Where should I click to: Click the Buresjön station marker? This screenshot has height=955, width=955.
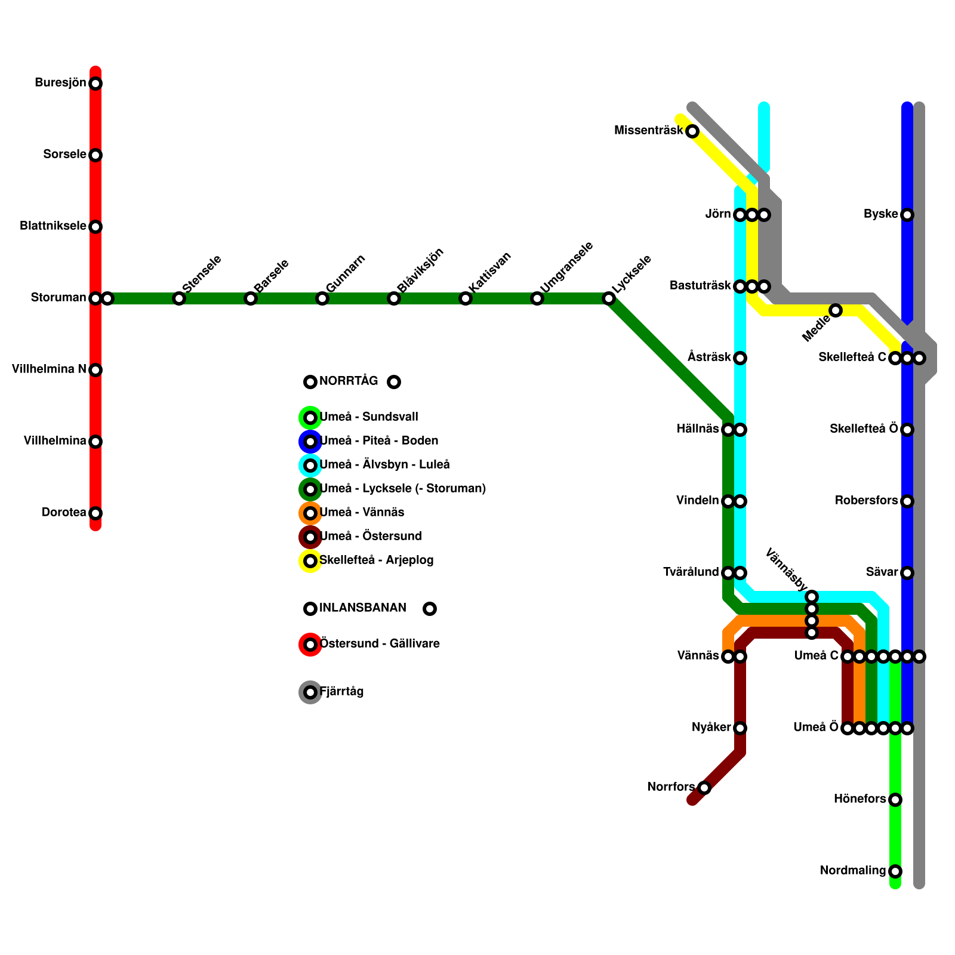tap(95, 84)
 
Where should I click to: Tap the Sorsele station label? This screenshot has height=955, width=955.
tap(64, 155)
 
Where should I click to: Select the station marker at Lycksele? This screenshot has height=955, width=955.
tap(609, 298)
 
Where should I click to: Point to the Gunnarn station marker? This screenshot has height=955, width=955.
tap(322, 298)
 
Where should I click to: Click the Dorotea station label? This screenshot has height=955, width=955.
tap(64, 513)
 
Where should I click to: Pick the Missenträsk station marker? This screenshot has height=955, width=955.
tap(692, 131)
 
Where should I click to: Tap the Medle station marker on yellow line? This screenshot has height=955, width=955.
tap(836, 310)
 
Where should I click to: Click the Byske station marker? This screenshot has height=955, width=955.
tap(907, 215)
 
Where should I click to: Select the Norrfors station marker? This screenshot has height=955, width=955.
tap(704, 788)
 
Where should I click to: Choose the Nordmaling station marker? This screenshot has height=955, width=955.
tap(895, 871)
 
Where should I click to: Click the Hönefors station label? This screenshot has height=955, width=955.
tap(860, 799)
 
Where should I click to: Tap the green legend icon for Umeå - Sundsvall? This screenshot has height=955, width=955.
tap(310, 418)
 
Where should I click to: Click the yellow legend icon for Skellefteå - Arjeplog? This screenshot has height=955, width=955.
tap(310, 561)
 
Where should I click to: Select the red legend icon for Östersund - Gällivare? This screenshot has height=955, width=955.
tap(310, 645)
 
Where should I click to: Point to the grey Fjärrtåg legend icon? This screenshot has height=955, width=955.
tap(310, 692)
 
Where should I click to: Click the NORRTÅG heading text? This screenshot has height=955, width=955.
tap(349, 381)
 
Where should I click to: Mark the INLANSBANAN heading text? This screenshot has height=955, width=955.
tap(363, 608)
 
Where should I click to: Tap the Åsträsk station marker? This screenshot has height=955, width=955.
tap(740, 358)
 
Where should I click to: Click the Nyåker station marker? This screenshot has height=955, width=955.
tap(740, 728)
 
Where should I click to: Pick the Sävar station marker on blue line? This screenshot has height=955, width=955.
tap(907, 573)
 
